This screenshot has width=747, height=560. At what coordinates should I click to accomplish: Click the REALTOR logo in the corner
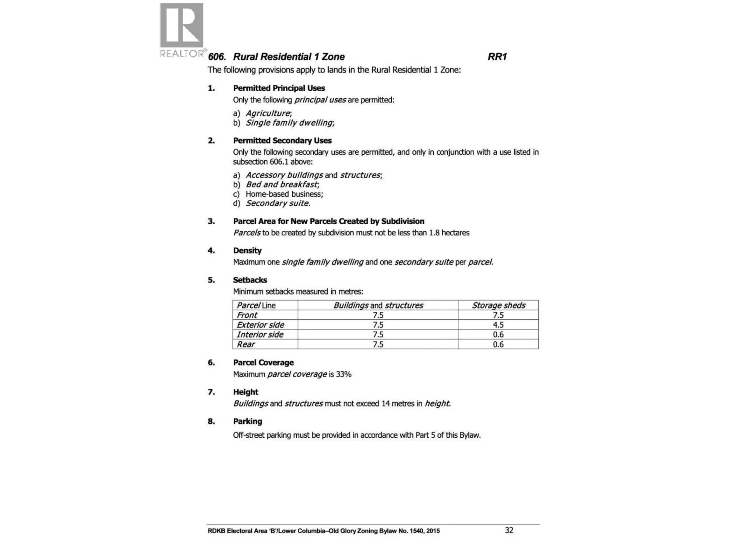[182, 30]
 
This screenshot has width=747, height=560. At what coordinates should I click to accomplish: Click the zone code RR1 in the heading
[497, 57]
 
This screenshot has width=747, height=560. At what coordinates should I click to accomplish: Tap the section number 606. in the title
[217, 57]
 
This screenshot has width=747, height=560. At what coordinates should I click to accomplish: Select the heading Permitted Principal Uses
[279, 88]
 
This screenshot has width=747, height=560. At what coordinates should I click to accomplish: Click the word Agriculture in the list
[268, 113]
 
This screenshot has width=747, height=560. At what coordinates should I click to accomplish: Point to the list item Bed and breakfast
[282, 184]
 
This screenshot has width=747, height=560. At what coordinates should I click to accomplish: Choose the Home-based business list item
[284, 194]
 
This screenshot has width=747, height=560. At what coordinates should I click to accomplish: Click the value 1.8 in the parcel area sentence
[434, 233]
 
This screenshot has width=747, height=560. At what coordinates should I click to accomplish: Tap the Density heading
[247, 251]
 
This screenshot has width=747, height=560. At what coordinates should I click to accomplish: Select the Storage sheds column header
[498, 305]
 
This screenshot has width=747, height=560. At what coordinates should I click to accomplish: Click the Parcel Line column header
[256, 305]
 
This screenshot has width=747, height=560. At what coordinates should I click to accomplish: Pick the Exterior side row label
[260, 325]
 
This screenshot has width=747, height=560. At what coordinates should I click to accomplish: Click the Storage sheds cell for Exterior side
[498, 325]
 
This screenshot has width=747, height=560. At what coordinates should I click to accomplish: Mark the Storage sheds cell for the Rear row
[498, 344]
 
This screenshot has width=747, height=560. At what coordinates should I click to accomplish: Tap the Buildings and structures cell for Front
[378, 315]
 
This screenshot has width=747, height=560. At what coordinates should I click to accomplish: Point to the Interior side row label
[260, 335]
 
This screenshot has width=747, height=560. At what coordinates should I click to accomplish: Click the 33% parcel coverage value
[344, 374]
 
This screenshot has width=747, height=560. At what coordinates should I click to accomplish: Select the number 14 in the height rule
[385, 404]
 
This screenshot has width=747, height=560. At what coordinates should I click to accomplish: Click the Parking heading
[247, 421]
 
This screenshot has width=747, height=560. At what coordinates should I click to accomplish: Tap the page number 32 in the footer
[509, 530]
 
